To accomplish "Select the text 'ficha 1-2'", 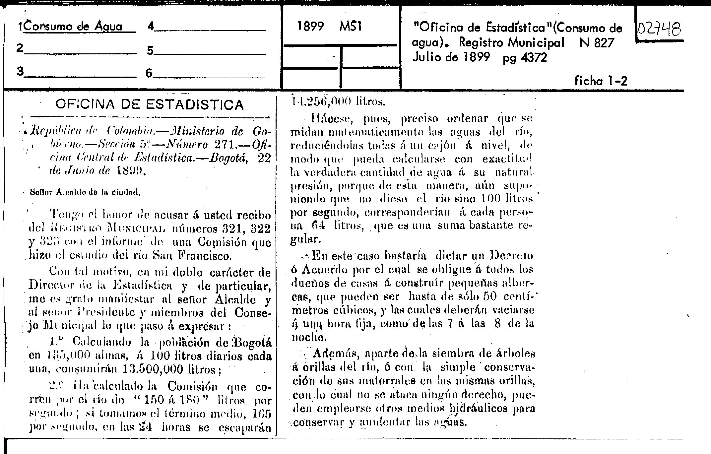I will click(601, 81).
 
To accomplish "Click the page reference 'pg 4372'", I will click(525, 58).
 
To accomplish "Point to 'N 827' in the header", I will click(597, 43).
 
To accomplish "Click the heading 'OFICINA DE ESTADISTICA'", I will click(150, 105).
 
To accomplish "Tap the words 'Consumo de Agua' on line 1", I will click(73, 27).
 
